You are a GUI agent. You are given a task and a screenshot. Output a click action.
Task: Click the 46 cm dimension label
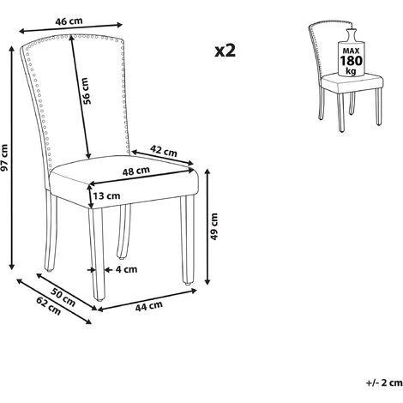pos(69,21)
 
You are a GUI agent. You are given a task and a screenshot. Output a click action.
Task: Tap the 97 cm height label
pos(5,158)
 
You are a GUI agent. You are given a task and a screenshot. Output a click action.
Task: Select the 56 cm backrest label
pos(86,91)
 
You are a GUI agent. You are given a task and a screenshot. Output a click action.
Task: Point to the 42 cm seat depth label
pos(164,151)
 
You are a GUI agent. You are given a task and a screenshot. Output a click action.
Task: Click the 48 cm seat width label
pos(136,171)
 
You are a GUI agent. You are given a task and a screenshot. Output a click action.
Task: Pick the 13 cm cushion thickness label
pos(106,196)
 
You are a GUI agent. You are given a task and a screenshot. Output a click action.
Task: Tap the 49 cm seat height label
pos(214,226)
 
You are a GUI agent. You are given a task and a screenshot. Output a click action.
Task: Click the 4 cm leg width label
pos(126,269)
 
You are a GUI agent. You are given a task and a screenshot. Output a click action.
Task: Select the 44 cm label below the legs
pos(149,306)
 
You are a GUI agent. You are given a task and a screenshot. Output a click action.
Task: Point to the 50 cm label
pos(63,298)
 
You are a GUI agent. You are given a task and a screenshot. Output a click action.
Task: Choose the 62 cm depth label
pos(49,306)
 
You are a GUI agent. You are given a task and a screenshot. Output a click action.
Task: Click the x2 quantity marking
pos(226,51)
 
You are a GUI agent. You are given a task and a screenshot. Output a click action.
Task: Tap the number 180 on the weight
pos(351,61)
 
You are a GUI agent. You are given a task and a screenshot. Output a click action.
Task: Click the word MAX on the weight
pos(351,51)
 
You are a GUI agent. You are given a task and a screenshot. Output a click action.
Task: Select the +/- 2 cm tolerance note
pos(384,382)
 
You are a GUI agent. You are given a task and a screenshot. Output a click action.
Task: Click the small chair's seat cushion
pos(352,82)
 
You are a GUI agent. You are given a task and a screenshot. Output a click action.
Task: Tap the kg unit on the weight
pos(351,70)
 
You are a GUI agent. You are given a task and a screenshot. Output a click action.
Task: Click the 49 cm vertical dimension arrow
pos(208,226)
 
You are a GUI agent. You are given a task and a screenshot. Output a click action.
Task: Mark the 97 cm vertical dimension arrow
pos(12,158)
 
